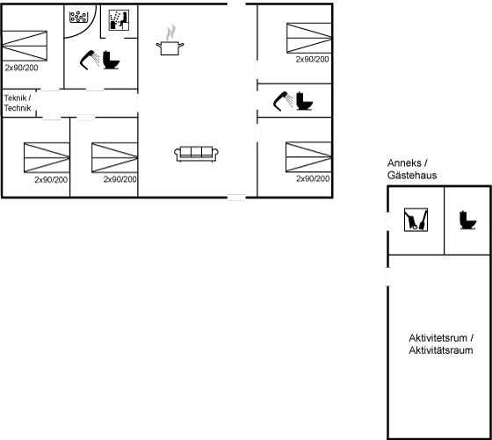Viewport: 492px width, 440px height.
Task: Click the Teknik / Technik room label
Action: (18, 103)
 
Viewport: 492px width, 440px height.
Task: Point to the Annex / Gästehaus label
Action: (412, 170)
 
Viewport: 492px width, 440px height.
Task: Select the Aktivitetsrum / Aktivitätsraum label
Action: (441, 343)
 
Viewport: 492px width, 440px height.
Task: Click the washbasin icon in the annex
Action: (414, 220)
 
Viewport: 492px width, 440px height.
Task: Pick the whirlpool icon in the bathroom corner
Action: (81, 17)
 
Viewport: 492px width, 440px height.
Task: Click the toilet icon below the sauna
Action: (113, 61)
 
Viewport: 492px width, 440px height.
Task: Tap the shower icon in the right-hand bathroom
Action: (284, 102)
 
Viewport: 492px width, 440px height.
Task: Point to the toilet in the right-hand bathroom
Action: (305, 102)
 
